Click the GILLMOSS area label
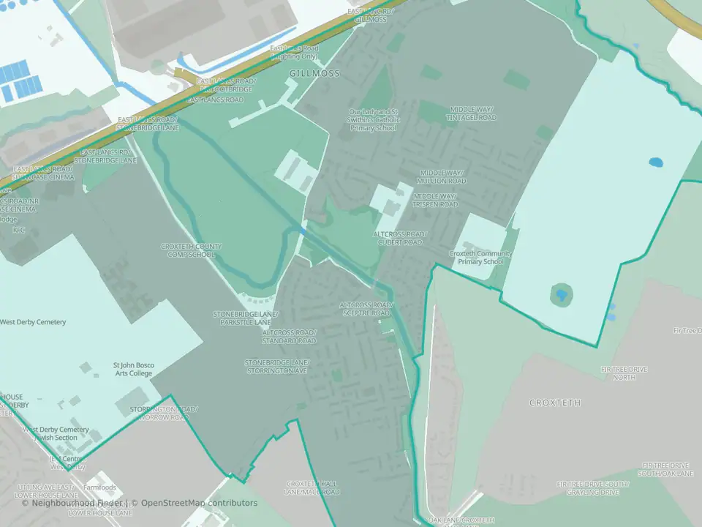coord(314,74)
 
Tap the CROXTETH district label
coord(555,403)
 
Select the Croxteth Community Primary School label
coord(480,258)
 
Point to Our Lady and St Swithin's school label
coord(373,120)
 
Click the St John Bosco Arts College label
coord(132,369)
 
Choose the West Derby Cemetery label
coord(33,322)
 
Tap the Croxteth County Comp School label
coord(192,250)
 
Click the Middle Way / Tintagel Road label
coord(473,113)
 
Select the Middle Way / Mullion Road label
coord(442,177)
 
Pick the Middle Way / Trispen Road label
coord(435,201)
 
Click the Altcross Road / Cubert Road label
coord(399,238)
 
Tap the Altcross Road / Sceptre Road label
coord(366,309)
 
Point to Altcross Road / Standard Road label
coord(290,337)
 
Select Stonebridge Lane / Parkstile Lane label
coord(242,318)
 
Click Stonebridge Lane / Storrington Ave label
coord(277,367)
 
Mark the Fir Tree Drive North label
coord(624,373)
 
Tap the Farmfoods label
coord(99,487)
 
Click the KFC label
coord(19,230)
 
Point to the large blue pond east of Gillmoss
coord(656,162)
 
